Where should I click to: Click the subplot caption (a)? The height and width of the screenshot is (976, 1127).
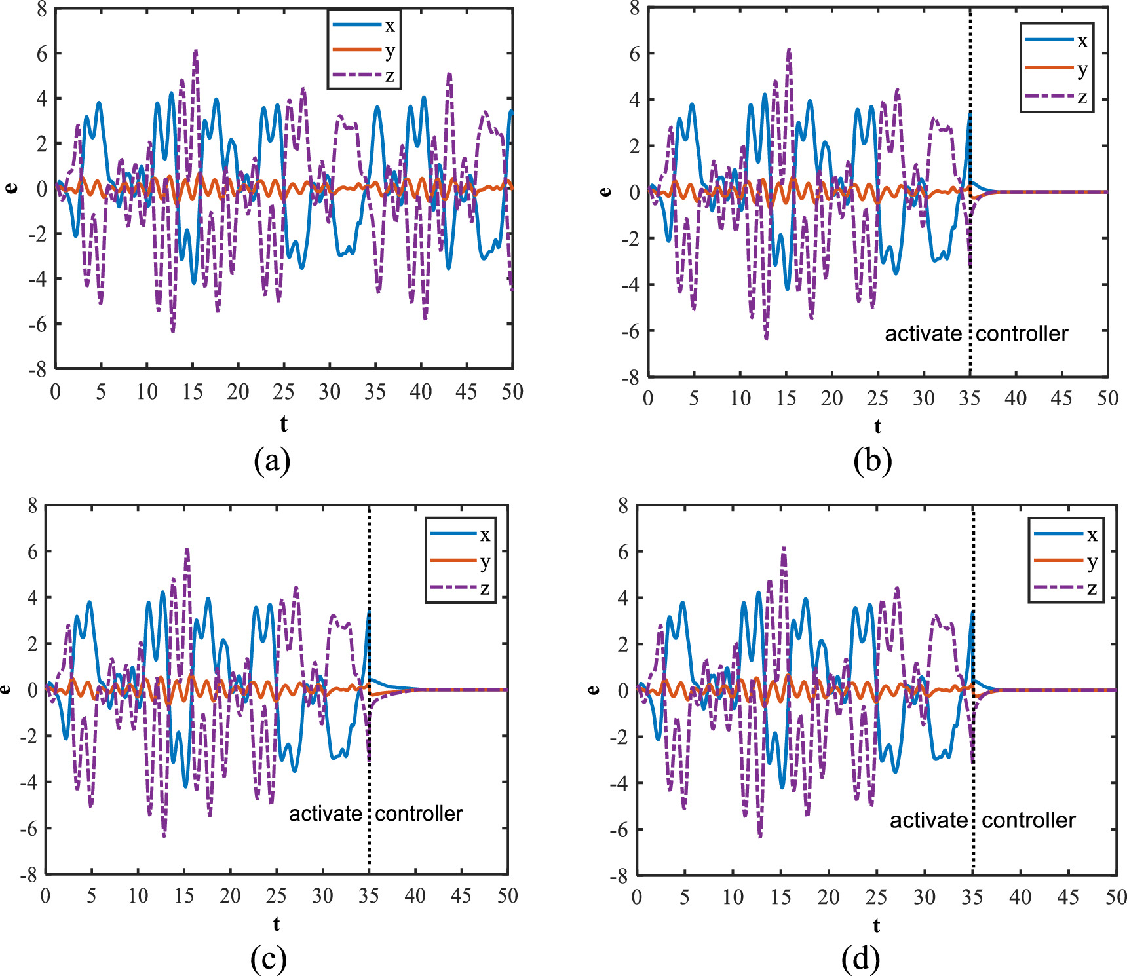coord(272,460)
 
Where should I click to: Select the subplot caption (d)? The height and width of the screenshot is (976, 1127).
coord(860,959)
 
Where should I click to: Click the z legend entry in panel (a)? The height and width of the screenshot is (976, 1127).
coord(364,75)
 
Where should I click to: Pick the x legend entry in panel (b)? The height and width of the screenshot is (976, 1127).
coord(1057,41)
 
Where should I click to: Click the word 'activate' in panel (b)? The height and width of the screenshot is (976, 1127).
coord(923,333)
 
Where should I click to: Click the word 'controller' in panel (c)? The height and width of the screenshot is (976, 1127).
coord(419,814)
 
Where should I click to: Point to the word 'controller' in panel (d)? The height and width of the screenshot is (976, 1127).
coord(1028,820)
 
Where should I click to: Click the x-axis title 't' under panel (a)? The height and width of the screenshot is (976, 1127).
coord(283,424)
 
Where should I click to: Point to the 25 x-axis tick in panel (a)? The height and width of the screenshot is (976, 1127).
coord(283,392)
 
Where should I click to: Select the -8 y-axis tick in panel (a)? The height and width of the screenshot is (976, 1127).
coord(38,369)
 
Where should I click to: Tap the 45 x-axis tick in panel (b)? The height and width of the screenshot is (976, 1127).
coord(1061,398)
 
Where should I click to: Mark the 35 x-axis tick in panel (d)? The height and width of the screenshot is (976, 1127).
coord(972,897)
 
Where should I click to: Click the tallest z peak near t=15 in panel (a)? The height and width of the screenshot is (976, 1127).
coord(195,51)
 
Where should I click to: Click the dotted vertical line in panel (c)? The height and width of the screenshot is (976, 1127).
coord(370,753)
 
